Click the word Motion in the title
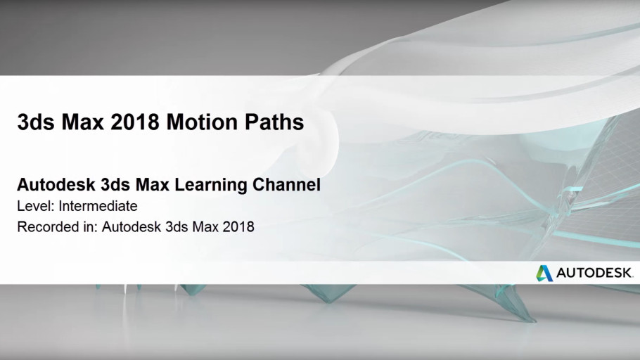coord(202,122)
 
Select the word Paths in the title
coord(274,122)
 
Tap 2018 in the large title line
coord(135,122)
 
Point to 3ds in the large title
coord(35,122)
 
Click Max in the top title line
coord(82,122)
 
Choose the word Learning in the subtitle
coord(211,185)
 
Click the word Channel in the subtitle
coord(286,184)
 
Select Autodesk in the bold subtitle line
coord(56,184)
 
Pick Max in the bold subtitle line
coord(152,184)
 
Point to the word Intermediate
coord(98,206)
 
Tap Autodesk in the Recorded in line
coord(131,226)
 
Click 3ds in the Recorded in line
coord(177,226)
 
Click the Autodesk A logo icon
coord(544,273)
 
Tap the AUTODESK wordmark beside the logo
coord(594,273)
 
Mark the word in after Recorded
coord(88,226)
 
